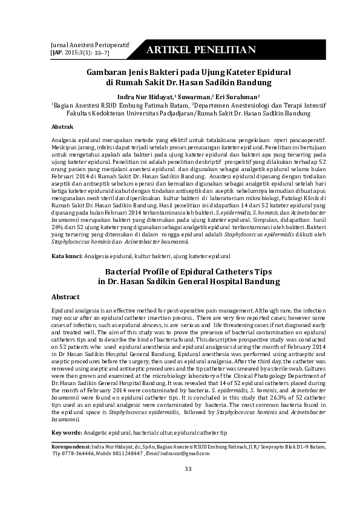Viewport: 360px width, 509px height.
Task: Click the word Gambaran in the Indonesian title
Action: click(x=110, y=71)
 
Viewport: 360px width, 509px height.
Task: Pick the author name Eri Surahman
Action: click(x=237, y=96)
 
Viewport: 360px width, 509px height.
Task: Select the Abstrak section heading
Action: click(x=62, y=127)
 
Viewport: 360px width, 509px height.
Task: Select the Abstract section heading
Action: click(x=65, y=297)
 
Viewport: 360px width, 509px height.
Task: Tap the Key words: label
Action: click(x=66, y=433)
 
